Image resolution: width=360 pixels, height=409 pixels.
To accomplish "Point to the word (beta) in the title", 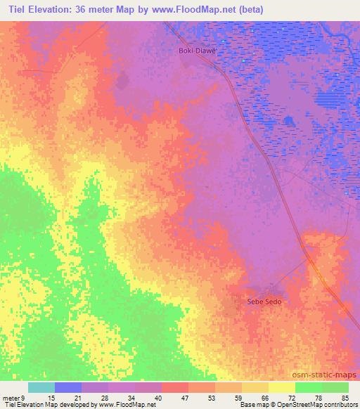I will [269, 10].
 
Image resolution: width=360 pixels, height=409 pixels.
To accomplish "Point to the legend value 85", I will [345, 397].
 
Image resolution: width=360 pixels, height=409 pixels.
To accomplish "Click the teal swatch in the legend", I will [41, 387].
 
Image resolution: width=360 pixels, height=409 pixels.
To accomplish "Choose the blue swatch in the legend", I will [68, 387].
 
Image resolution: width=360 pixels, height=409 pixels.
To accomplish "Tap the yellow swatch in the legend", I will [282, 387].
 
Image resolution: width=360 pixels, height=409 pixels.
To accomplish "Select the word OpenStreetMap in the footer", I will [298, 405].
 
